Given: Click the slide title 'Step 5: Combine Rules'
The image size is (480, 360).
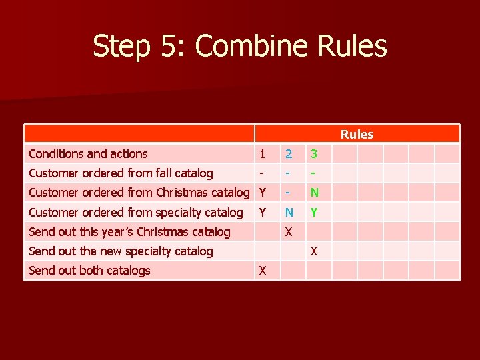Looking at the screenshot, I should coord(239,47).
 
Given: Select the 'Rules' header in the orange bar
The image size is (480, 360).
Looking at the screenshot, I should coord(357,134).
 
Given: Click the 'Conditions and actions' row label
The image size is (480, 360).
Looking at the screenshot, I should coord(88,154).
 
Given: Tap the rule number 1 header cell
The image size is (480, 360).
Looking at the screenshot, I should coord(263,154).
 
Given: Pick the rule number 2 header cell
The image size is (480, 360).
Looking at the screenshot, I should coord(289,154).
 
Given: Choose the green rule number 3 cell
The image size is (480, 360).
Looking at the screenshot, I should coord(314,154).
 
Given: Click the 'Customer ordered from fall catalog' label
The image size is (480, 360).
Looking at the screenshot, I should coord(121,173).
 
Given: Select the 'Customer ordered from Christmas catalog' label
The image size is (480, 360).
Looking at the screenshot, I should coord(139,193).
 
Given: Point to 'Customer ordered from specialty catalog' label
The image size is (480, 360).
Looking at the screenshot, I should coord(136,213).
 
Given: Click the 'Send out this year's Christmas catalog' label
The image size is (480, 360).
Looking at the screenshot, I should coord(129,232).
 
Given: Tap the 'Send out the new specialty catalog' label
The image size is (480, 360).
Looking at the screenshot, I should coord(121,251).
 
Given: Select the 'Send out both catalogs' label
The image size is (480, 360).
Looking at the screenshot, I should coord(89,271).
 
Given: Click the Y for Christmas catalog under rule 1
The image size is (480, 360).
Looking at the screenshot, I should coord(263,193).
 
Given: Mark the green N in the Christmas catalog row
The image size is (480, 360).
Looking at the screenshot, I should coord(314,193).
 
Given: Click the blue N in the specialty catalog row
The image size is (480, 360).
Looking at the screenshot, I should coord(289,213).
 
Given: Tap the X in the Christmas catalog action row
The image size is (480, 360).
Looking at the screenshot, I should coord(289,232).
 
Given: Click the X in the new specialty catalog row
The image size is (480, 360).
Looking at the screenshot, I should coord(314,251).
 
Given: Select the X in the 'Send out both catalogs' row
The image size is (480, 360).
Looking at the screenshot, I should coord(263,271).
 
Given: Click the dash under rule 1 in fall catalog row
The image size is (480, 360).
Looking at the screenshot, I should coord(262,173).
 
